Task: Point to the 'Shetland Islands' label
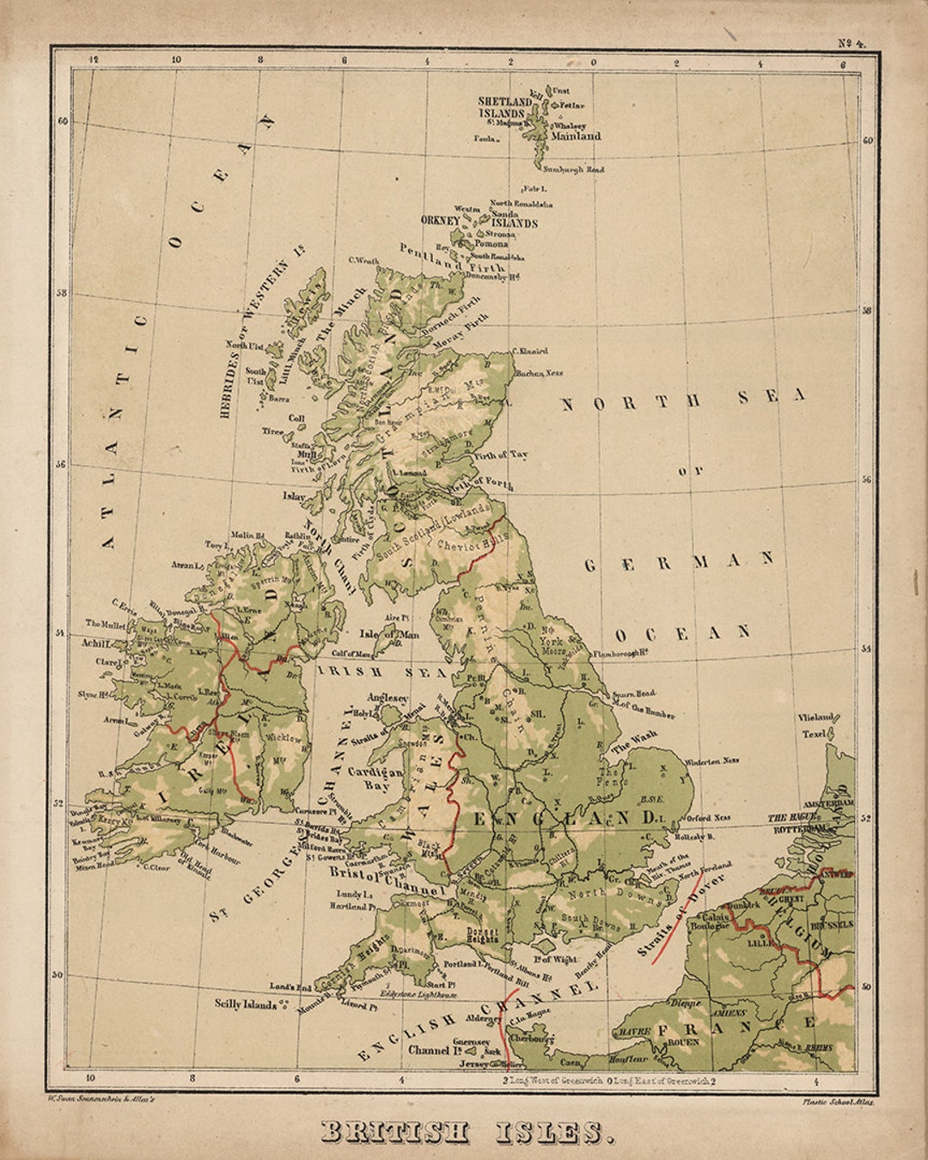[505, 107]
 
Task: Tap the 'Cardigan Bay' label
[375, 778]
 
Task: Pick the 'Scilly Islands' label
[246, 1004]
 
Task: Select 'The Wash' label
[633, 742]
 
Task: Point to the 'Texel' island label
[813, 734]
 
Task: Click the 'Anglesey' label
[388, 699]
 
